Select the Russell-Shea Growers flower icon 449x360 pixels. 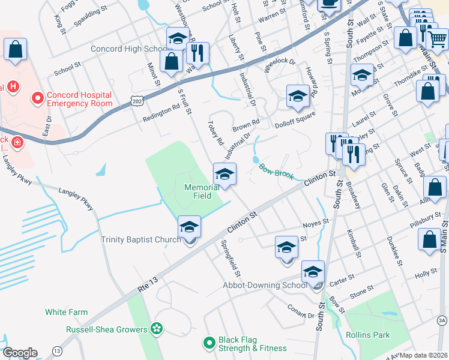click(157, 329)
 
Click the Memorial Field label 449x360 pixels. click(201, 191)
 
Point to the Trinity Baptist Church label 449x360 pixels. click(140, 240)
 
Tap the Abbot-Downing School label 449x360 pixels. click(265, 285)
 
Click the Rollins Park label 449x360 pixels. click(367, 335)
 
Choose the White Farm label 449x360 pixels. click(66, 312)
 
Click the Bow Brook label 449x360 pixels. click(276, 171)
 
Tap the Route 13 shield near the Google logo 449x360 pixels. click(57, 350)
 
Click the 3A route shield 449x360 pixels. click(442, 321)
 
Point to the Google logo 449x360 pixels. click(20, 353)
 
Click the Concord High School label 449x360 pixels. click(128, 49)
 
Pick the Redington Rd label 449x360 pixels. click(161, 113)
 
